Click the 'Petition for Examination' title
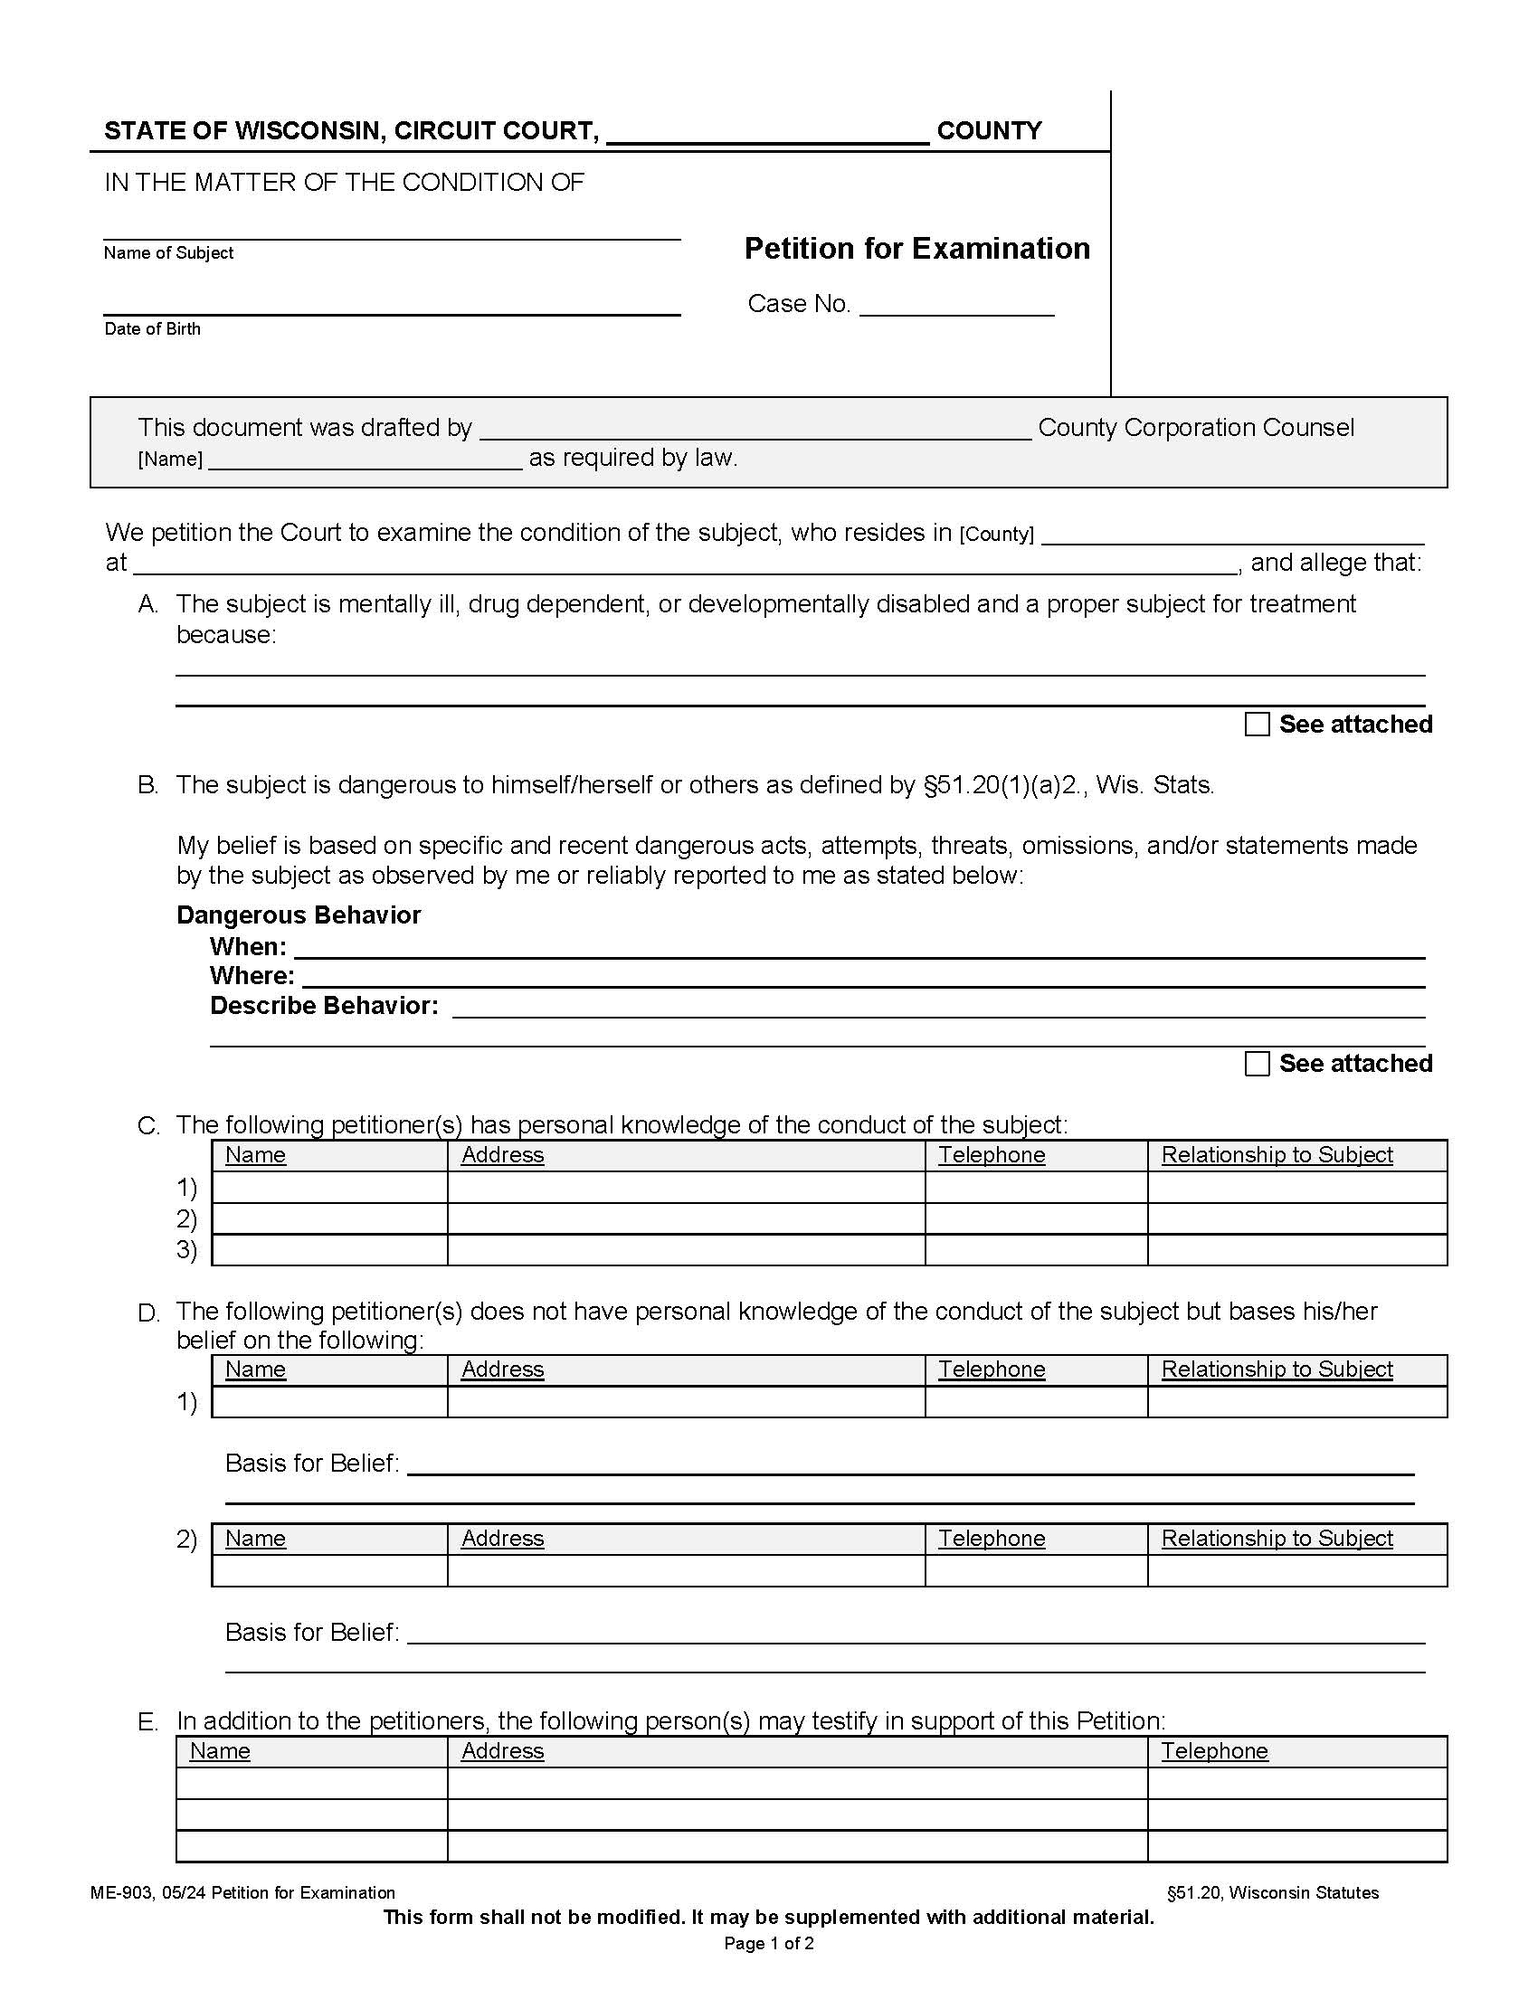coord(916,249)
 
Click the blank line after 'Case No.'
coord(955,306)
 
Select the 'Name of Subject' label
coord(168,253)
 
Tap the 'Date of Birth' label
coord(152,329)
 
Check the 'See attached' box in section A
coord(1257,725)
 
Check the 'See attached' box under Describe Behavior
coord(1257,1064)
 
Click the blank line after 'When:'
coord(859,949)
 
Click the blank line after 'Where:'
coord(862,978)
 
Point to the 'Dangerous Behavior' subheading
coord(299,914)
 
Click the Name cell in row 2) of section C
coord(329,1218)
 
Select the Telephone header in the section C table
coord(992,1155)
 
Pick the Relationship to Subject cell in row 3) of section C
coord(1296,1250)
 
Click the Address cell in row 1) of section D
coord(685,1402)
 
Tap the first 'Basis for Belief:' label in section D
coord(311,1464)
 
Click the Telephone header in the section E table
coord(1213,1751)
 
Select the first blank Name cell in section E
coord(311,1783)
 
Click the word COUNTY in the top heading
coord(989,131)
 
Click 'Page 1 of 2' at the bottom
coord(768,1944)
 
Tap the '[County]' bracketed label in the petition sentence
coord(996,535)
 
